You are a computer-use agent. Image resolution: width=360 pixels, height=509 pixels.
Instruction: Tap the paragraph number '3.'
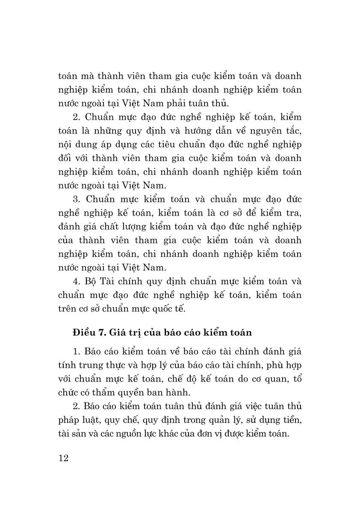[x=77, y=199]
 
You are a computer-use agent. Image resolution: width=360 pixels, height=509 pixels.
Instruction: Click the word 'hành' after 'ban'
[x=176, y=392]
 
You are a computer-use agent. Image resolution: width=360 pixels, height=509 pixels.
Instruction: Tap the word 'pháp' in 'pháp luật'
[x=68, y=419]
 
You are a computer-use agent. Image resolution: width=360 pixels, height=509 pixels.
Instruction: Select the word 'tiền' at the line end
[x=292, y=419]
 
